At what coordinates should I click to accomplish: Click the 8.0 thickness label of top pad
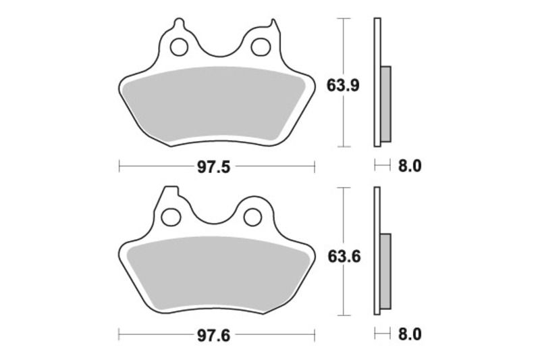pyautogui.click(x=411, y=166)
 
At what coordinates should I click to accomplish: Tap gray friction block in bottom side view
pyautogui.click(x=385, y=272)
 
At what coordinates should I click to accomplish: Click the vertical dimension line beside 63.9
pyautogui.click(x=345, y=122)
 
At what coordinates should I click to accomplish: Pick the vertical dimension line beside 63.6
pyautogui.click(x=345, y=290)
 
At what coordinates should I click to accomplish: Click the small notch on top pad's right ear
pyautogui.click(x=275, y=25)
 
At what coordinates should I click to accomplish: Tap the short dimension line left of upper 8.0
pyautogui.click(x=382, y=166)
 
